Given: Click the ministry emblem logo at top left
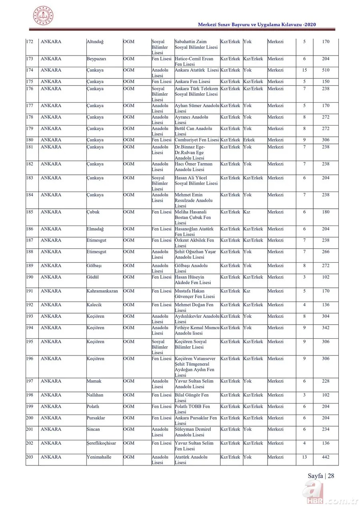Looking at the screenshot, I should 43,16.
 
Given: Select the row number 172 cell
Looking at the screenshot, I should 30,42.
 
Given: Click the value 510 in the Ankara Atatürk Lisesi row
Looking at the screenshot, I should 326,70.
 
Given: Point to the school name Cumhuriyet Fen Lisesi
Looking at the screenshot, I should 197,140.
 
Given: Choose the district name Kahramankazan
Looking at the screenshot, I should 102,291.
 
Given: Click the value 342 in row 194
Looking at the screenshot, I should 326,327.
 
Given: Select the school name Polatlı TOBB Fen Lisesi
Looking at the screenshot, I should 192,409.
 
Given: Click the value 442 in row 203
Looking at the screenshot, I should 326,457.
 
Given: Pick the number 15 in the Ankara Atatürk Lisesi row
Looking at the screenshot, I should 304,70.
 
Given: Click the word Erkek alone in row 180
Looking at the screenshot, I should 249,140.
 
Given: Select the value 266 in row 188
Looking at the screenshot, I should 326,252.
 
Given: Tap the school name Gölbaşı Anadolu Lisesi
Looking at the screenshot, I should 191,268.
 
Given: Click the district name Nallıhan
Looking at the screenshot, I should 95,395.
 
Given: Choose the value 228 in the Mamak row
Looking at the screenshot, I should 326,381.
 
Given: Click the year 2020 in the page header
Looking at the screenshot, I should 310,25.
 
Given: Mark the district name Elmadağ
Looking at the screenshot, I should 95,229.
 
